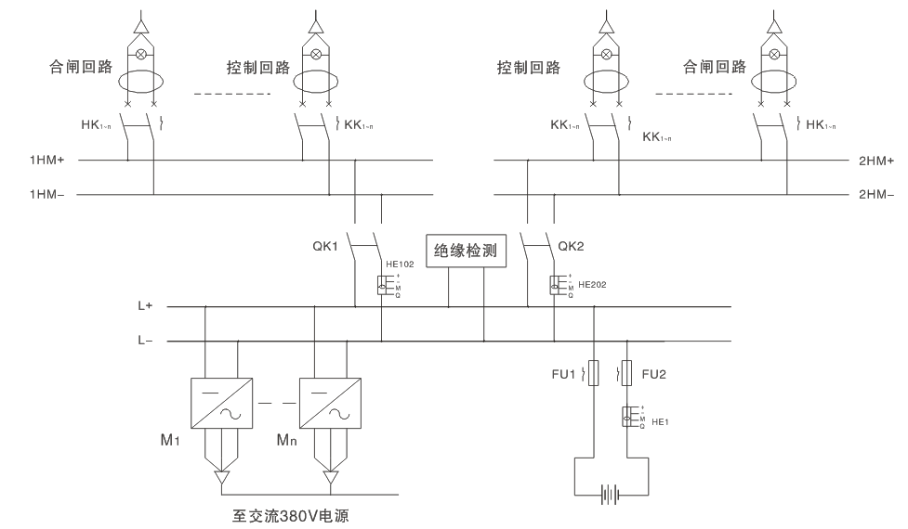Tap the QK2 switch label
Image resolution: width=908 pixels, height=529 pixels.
click(569, 247)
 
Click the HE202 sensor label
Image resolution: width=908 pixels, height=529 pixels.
click(592, 285)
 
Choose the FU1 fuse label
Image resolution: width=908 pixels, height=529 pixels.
click(564, 374)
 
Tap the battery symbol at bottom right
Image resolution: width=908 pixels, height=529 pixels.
click(610, 495)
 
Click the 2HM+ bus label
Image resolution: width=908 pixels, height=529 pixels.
click(875, 161)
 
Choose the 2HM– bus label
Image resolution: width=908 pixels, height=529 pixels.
click(875, 196)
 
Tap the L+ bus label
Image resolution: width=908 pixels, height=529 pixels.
click(146, 305)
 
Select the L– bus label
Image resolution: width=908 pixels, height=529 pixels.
click(146, 342)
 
